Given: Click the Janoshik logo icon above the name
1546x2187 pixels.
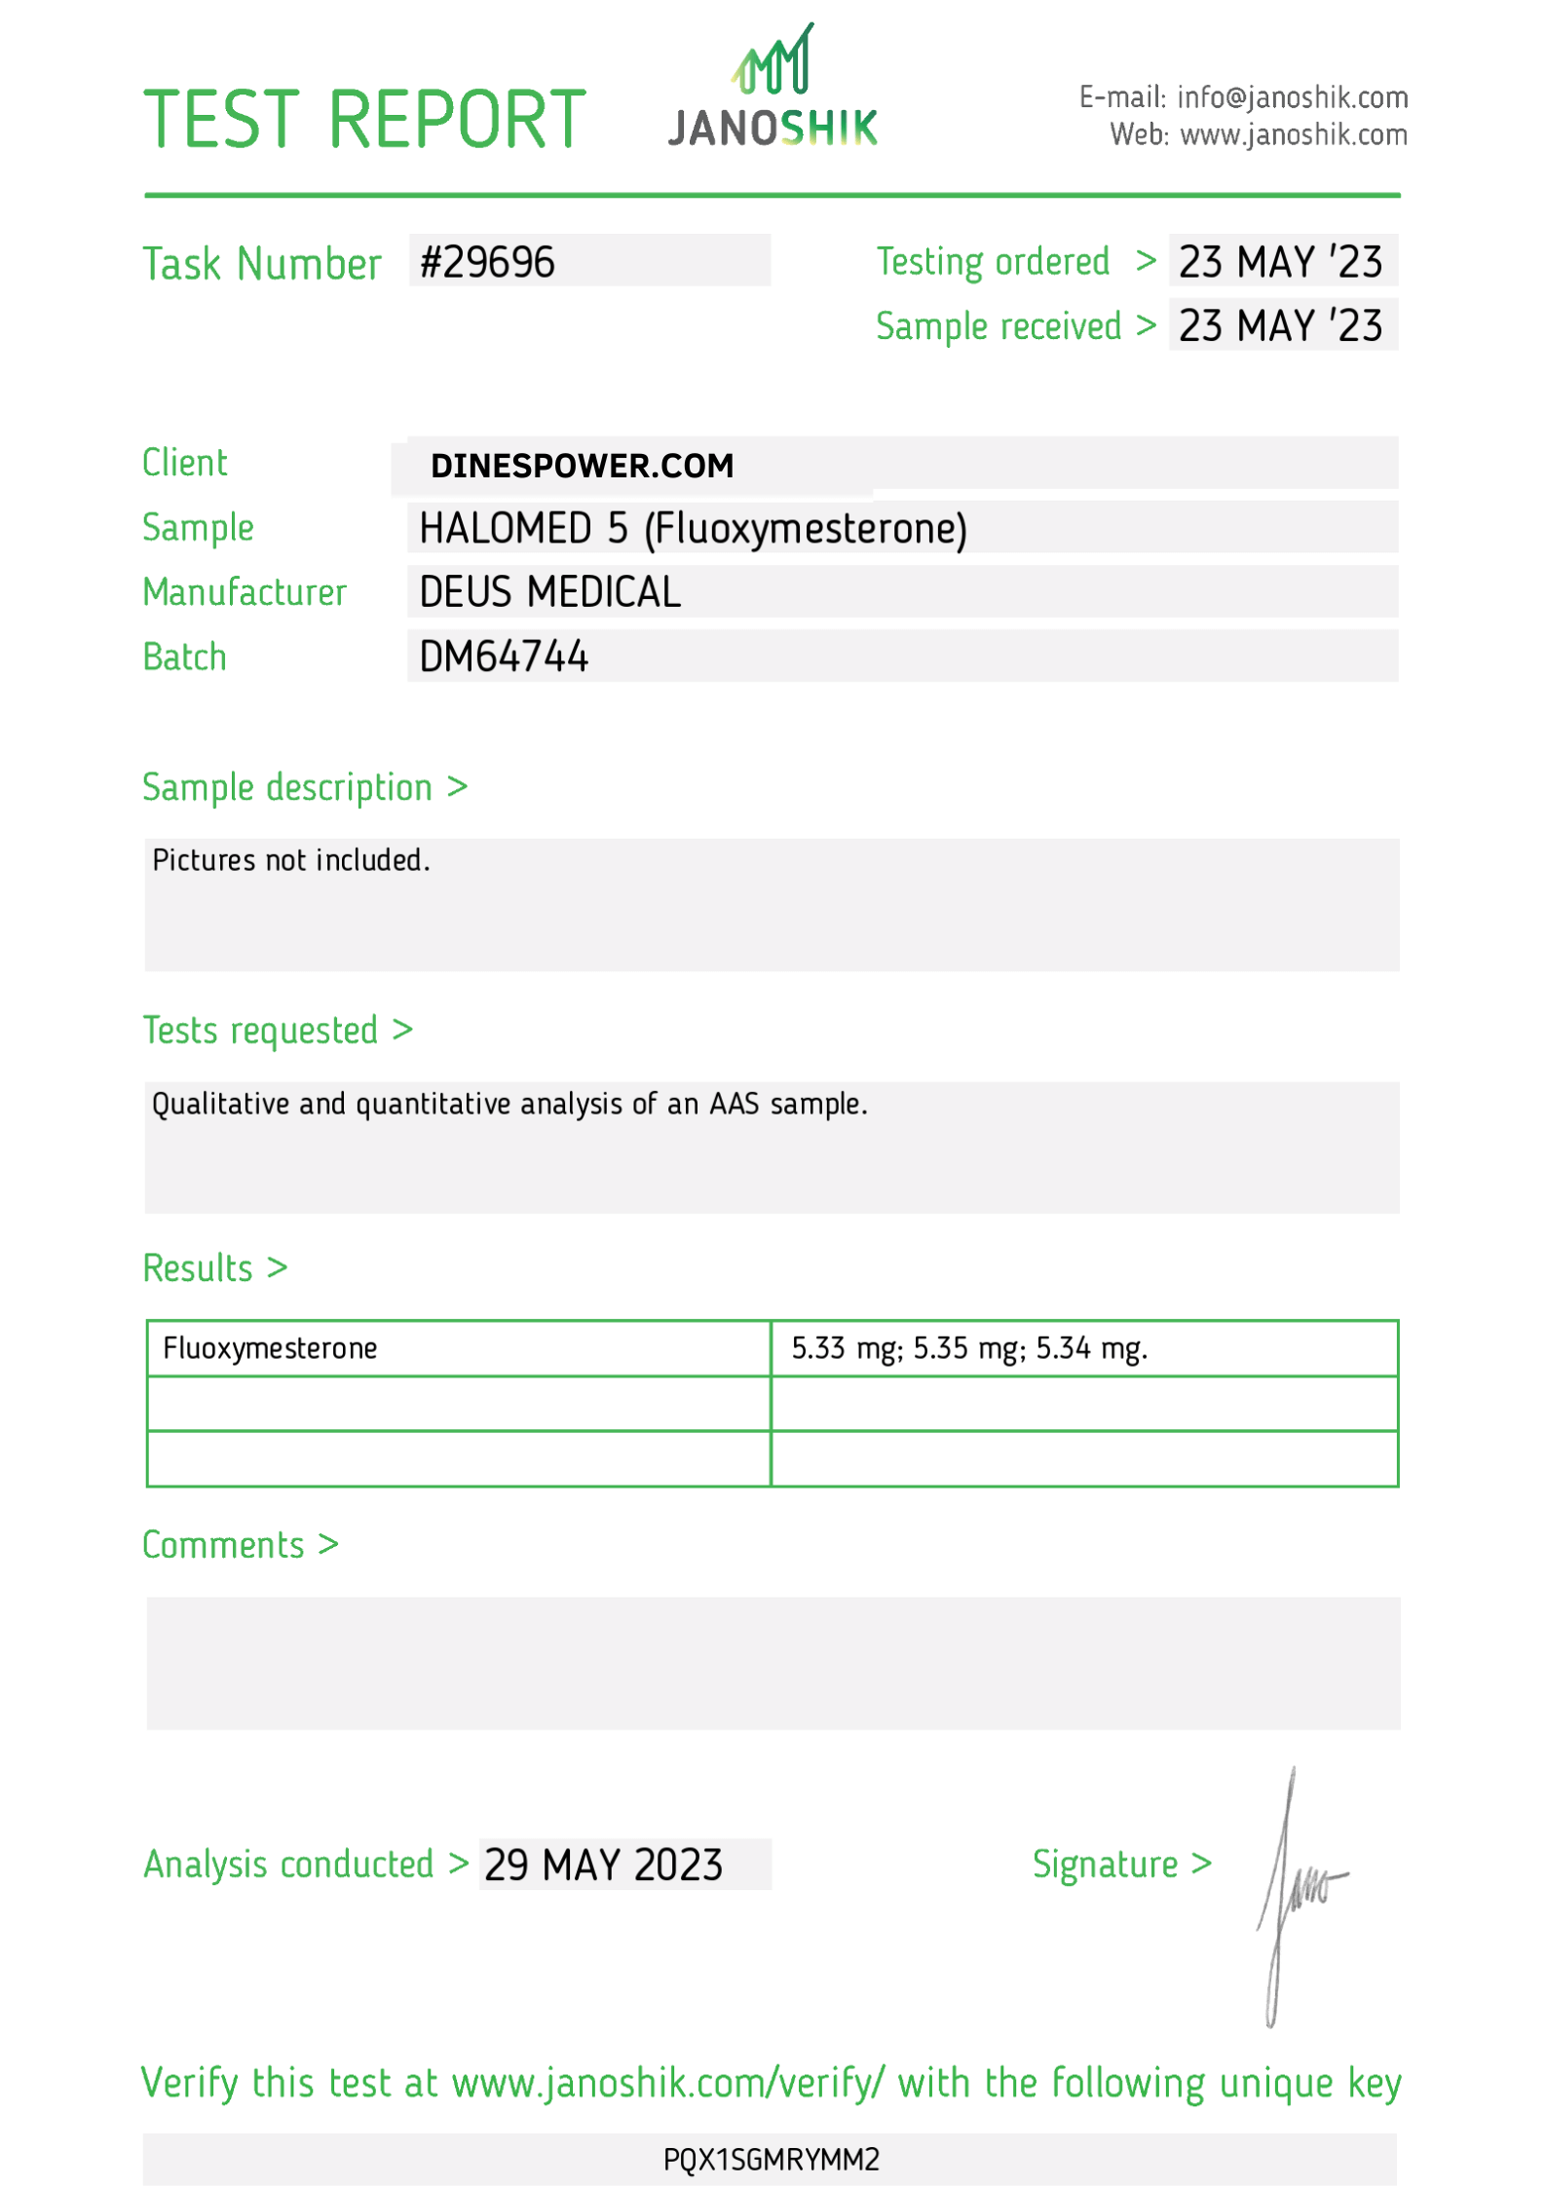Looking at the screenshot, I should pyautogui.click(x=774, y=61).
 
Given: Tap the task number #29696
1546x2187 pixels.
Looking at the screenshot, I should pyautogui.click(x=487, y=262).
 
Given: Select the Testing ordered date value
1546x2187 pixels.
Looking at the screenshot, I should pyautogui.click(x=1280, y=262).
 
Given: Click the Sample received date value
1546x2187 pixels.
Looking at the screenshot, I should pyautogui.click(x=1280, y=326).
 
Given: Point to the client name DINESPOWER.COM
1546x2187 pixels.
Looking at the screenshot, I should pyautogui.click(x=582, y=466).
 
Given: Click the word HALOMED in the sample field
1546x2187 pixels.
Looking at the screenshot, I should pyautogui.click(x=506, y=529).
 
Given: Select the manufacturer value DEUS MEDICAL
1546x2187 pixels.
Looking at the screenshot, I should pyautogui.click(x=549, y=592).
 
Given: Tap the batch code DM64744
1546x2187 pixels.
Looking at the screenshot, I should pyautogui.click(x=504, y=657).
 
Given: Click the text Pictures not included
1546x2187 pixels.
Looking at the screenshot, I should pyautogui.click(x=291, y=860).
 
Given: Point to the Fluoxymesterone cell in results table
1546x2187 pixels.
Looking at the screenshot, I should pyautogui.click(x=270, y=1348).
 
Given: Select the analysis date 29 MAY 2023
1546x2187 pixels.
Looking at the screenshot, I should pyautogui.click(x=603, y=1865).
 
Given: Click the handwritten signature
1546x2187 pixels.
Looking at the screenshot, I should pyautogui.click(x=1296, y=1890).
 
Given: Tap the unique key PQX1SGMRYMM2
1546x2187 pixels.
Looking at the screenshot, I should pyautogui.click(x=772, y=2160).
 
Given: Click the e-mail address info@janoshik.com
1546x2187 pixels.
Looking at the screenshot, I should pyautogui.click(x=1292, y=97).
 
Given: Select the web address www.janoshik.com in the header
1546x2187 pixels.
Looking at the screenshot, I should pyautogui.click(x=1294, y=134).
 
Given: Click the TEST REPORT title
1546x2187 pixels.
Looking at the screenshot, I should pyautogui.click(x=364, y=120).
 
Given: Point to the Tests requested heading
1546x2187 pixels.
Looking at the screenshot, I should pyautogui.click(x=260, y=1030).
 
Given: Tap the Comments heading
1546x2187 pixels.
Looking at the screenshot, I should pyautogui.click(x=223, y=1545).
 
